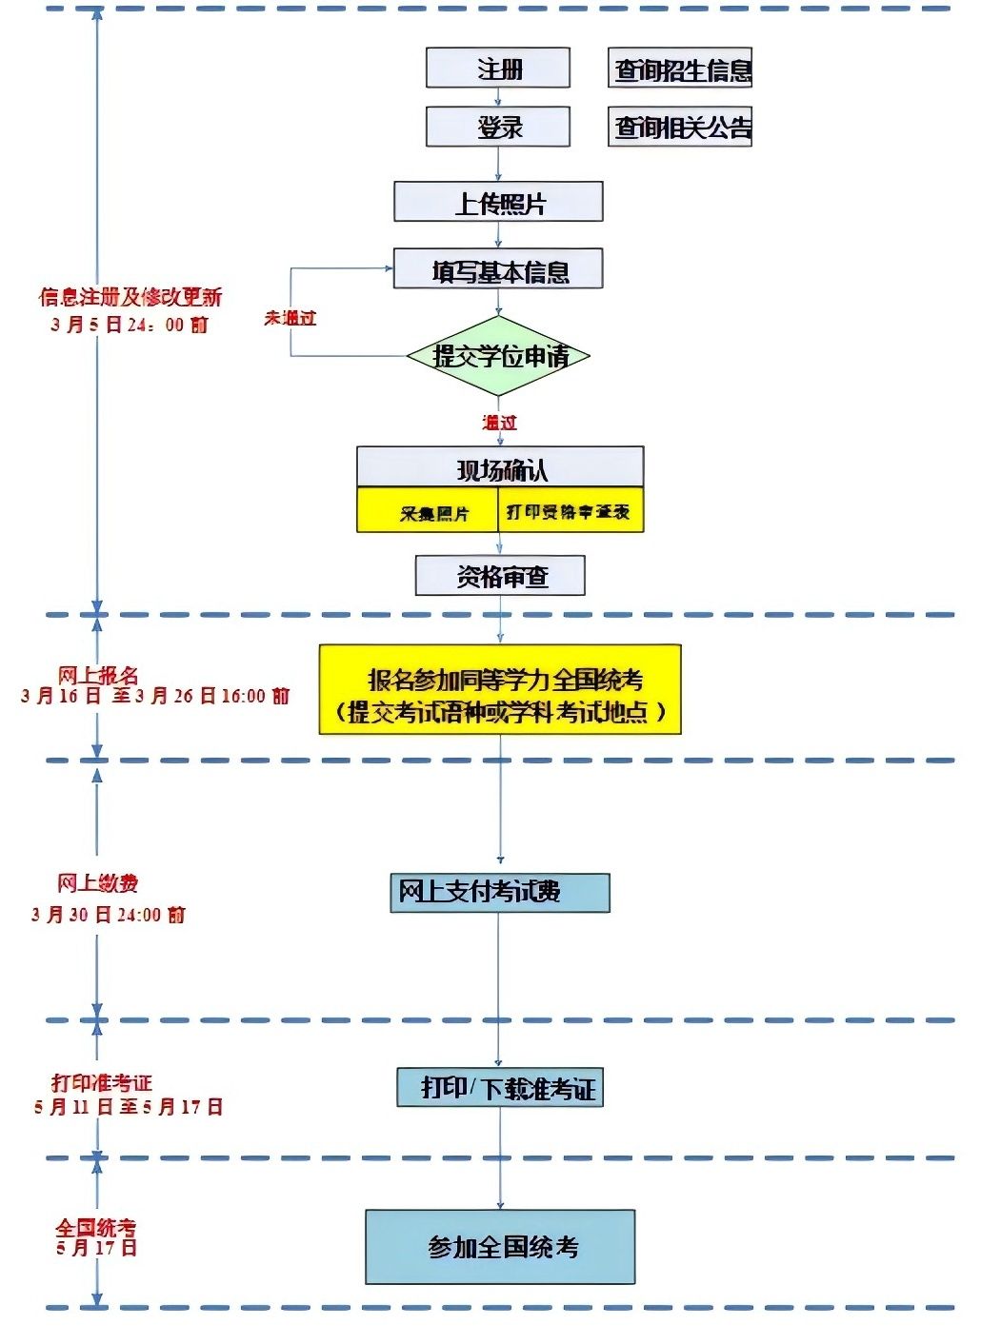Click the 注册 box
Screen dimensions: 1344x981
tap(497, 69)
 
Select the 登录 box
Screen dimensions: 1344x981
tap(497, 127)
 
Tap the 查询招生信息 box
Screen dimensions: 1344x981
tap(680, 69)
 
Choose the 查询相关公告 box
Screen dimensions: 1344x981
tap(680, 127)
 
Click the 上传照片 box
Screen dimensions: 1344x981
tap(498, 202)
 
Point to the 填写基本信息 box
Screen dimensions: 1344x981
tap(498, 270)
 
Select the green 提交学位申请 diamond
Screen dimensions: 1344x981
tap(498, 356)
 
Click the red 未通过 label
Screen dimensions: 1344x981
tap(290, 318)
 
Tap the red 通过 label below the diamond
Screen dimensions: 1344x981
tap(499, 422)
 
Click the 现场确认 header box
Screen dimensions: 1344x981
tap(500, 468)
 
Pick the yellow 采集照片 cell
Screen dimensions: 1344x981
tap(428, 511)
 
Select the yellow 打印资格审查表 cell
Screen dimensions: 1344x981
tap(570, 511)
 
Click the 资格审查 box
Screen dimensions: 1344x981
tap(500, 576)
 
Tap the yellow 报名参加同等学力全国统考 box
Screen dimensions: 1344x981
tap(500, 690)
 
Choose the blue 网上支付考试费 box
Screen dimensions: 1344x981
tap(499, 893)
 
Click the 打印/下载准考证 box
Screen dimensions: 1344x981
tap(500, 1087)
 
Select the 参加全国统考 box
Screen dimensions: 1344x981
tap(500, 1247)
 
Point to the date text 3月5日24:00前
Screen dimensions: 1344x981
tap(130, 325)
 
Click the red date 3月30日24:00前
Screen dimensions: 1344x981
tap(109, 915)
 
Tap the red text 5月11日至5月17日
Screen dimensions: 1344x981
tap(129, 1107)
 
